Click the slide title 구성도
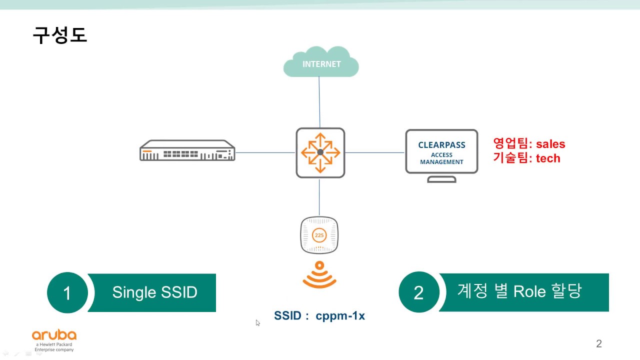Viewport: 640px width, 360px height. [x=60, y=35]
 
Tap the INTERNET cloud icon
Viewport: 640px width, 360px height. [x=321, y=62]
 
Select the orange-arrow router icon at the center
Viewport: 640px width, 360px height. [x=320, y=152]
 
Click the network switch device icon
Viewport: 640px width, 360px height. [x=187, y=150]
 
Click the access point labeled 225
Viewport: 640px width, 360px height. [x=319, y=234]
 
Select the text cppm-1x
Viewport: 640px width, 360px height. [x=340, y=316]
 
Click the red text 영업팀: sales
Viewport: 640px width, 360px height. [x=529, y=144]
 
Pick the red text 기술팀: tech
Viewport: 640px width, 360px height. [x=526, y=158]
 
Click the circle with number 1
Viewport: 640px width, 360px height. [x=67, y=292]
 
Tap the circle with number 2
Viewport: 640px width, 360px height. [x=419, y=292]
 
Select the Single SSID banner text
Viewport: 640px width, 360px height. [x=154, y=292]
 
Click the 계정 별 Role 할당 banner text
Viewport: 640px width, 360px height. [x=519, y=291]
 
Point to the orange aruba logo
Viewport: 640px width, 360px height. [x=54, y=335]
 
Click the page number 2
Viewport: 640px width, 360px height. [x=598, y=343]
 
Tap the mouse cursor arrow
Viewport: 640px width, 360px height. [x=258, y=323]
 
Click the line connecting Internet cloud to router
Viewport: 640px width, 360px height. [x=319, y=102]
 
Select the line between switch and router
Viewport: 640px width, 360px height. [x=265, y=152]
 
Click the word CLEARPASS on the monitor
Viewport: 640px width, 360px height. [x=441, y=145]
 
